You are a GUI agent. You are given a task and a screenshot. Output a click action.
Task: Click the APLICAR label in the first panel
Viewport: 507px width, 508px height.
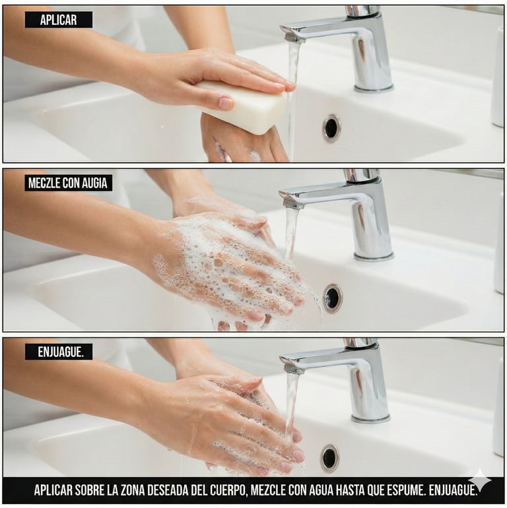59,20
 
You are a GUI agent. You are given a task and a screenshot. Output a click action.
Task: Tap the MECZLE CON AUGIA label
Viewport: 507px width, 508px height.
68,183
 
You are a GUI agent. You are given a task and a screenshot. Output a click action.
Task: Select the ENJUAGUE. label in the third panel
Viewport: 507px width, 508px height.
59,352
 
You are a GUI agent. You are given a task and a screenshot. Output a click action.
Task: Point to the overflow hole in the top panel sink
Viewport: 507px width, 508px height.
331,127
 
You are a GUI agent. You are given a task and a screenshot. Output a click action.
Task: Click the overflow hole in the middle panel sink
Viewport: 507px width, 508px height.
332,298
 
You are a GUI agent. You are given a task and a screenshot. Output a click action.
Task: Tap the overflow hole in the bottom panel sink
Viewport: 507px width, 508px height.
329,458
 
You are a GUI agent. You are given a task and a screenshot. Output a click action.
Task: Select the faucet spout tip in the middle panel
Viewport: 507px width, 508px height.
292,203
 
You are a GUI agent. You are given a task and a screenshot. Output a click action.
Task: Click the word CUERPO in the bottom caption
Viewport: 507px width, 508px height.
227,491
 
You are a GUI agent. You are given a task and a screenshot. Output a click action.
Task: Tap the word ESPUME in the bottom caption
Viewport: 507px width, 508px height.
405,491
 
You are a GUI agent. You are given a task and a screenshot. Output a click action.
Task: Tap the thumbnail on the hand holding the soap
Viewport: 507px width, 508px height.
226,104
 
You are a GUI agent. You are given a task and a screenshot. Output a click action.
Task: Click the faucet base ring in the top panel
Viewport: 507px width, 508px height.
374,88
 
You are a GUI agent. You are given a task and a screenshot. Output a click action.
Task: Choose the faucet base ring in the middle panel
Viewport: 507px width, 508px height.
374,257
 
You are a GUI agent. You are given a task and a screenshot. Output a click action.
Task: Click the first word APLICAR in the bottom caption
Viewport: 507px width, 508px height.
53,491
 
